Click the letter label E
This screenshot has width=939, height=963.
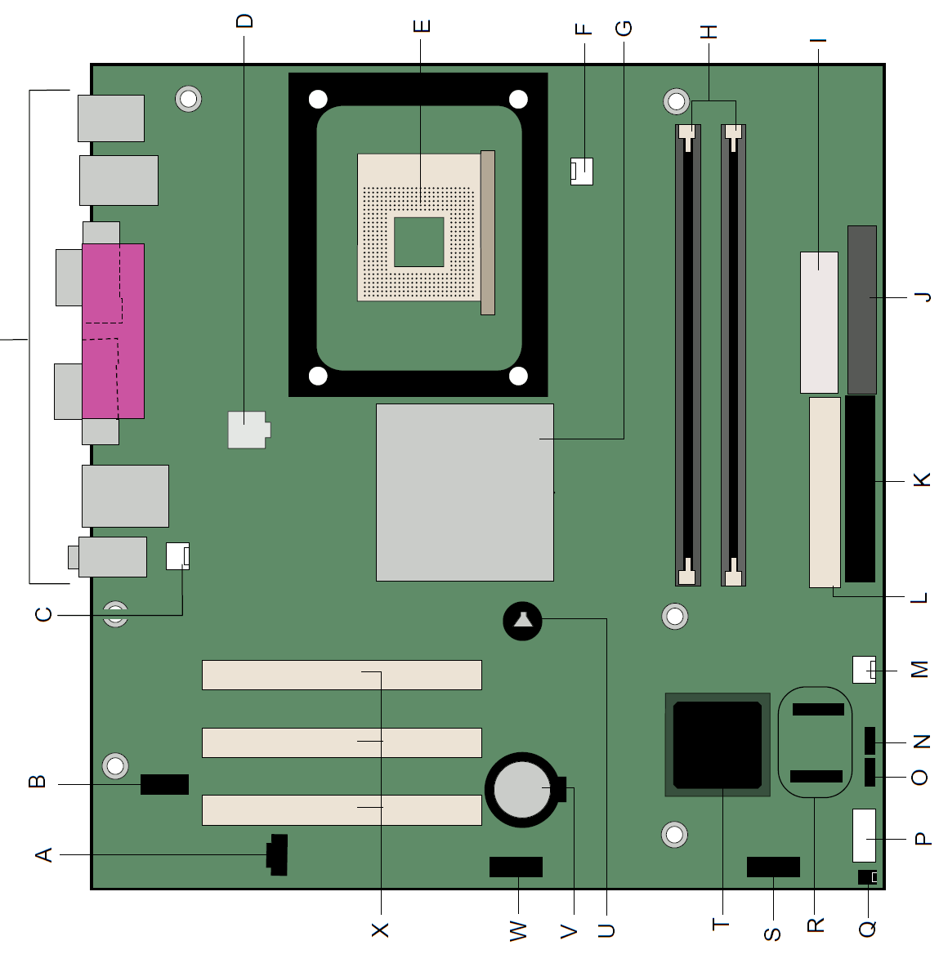click(422, 26)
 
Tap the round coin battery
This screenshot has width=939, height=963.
click(522, 789)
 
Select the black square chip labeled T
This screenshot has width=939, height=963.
click(718, 745)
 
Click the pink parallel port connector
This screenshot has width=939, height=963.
click(113, 331)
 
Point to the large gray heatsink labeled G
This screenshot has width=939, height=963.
click(464, 492)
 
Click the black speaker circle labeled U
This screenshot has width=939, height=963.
click(522, 621)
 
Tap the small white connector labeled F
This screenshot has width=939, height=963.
click(581, 172)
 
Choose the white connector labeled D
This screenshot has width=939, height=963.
click(248, 430)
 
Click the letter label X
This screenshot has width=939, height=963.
click(380, 930)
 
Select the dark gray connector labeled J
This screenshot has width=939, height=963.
click(861, 310)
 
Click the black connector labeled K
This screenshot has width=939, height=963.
click(860, 488)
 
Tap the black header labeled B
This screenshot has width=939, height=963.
click(164, 784)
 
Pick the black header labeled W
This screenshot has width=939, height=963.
click(516, 867)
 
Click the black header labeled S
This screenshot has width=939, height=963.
click(773, 867)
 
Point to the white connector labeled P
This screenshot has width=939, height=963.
click(864, 836)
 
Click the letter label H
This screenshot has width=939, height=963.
click(709, 32)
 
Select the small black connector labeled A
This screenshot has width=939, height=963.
click(277, 854)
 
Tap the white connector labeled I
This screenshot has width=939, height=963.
click(819, 323)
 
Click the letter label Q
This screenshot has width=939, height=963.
click(867, 929)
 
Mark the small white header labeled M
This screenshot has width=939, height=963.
click(864, 670)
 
